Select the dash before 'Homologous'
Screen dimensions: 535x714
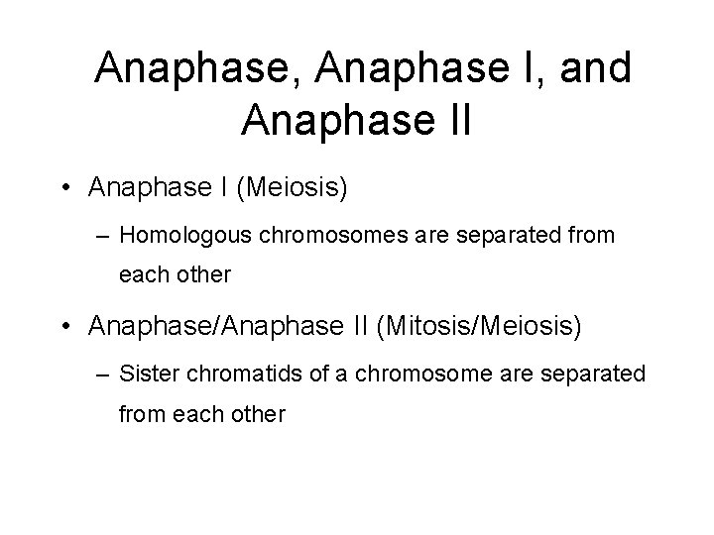105,237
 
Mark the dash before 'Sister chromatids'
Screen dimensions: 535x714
105,374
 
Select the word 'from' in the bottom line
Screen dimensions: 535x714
140,413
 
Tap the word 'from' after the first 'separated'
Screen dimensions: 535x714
589,236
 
